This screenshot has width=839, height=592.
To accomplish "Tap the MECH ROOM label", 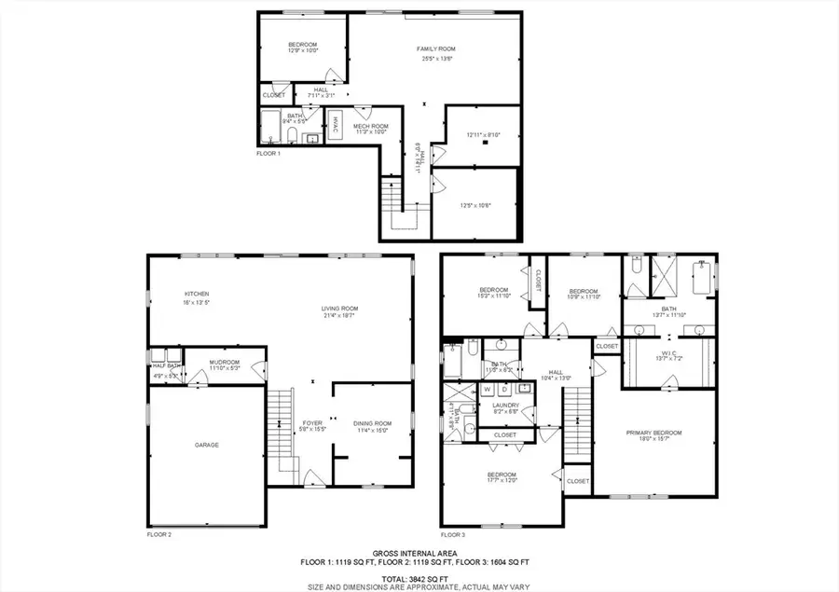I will point(370,126).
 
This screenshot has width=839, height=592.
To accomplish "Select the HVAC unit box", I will point(336,126).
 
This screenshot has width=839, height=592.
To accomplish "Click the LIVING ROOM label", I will point(340,309).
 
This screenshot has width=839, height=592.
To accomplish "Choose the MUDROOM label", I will point(224,362).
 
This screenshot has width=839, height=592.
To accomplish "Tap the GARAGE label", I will point(206,445).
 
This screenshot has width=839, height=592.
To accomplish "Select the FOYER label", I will point(311,422).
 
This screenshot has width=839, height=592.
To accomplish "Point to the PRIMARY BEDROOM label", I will point(653,433).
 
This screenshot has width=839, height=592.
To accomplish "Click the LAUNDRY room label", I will point(506,405).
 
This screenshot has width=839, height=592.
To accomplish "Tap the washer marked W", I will point(488,388).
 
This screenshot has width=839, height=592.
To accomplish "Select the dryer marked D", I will point(504,388).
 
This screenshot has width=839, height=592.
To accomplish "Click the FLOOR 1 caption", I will point(268,152).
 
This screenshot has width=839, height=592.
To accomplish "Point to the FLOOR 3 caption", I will point(452,534).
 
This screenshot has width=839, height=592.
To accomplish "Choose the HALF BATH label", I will point(166,365).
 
